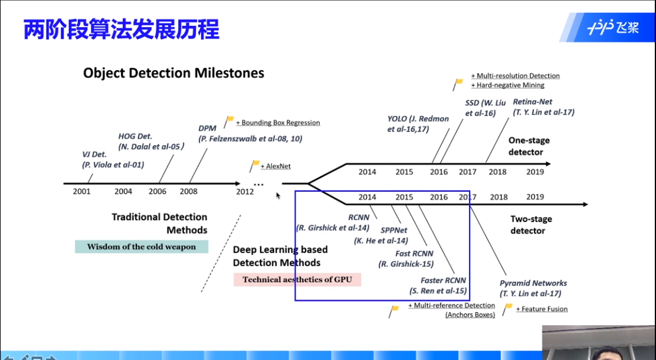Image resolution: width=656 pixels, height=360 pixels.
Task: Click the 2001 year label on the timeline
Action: [x=81, y=191]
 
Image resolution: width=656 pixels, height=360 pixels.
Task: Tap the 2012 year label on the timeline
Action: [x=245, y=191]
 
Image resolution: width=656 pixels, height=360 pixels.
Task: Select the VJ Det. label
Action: [x=94, y=155]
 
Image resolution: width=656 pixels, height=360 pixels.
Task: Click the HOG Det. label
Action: [x=135, y=136]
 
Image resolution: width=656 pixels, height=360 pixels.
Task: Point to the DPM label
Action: [x=208, y=128]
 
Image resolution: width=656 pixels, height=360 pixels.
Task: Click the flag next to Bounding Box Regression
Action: [x=229, y=120]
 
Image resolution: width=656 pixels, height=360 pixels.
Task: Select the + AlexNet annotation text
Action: [x=275, y=166]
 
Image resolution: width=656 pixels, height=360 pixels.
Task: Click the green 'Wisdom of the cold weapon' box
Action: [x=142, y=247]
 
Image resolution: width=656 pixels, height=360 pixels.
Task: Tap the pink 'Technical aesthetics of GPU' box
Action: [x=297, y=280]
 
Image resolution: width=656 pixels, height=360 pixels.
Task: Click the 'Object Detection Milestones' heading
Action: [x=173, y=73]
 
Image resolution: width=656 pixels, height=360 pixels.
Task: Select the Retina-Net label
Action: [x=532, y=102]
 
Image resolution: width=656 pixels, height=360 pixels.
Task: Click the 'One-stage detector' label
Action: [x=529, y=146]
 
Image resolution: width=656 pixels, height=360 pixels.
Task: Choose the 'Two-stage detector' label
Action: [x=531, y=225]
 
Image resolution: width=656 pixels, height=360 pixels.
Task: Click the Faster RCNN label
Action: [x=443, y=280]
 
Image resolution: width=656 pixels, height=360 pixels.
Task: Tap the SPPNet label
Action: [x=394, y=230]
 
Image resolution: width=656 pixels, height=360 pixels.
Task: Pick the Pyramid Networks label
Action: [x=533, y=283]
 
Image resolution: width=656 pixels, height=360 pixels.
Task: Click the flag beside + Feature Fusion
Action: [x=508, y=308]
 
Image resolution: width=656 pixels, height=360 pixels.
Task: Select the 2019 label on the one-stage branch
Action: [x=535, y=172]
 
